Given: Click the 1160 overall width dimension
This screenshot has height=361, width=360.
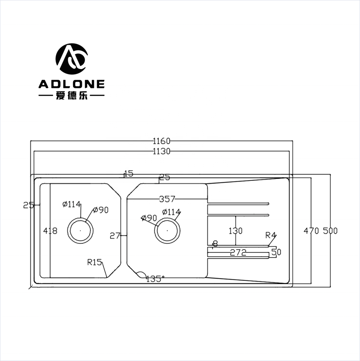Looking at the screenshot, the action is point(162,141).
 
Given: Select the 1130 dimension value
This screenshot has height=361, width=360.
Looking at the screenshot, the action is point(162,151).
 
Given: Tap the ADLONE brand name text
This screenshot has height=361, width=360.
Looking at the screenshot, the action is point(71,84).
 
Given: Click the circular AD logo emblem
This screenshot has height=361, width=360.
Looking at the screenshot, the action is point(71,59).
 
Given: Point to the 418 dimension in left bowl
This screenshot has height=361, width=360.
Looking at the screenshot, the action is point(50,231).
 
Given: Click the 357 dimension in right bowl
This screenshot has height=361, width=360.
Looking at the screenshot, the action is point(167,199).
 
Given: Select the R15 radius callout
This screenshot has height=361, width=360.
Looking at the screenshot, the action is point(95,262).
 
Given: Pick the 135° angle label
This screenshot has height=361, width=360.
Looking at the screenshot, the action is point(155,279).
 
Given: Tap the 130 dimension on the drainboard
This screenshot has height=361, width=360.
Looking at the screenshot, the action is point(235,231).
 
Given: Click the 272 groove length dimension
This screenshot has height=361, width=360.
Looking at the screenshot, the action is point(238,253).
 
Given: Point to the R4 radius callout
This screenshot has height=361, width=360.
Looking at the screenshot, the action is point(271,236).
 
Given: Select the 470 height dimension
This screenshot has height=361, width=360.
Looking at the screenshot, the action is point(311,231).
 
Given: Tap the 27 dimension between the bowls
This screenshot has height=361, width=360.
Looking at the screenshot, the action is point(115,236).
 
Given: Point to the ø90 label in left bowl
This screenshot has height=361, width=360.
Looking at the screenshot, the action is point(100,210).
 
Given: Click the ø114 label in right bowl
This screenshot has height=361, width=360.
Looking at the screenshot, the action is point(171,212).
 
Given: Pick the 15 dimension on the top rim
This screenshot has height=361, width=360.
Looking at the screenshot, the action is point(128,173).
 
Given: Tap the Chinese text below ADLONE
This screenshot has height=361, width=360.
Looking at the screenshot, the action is point(71,96).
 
